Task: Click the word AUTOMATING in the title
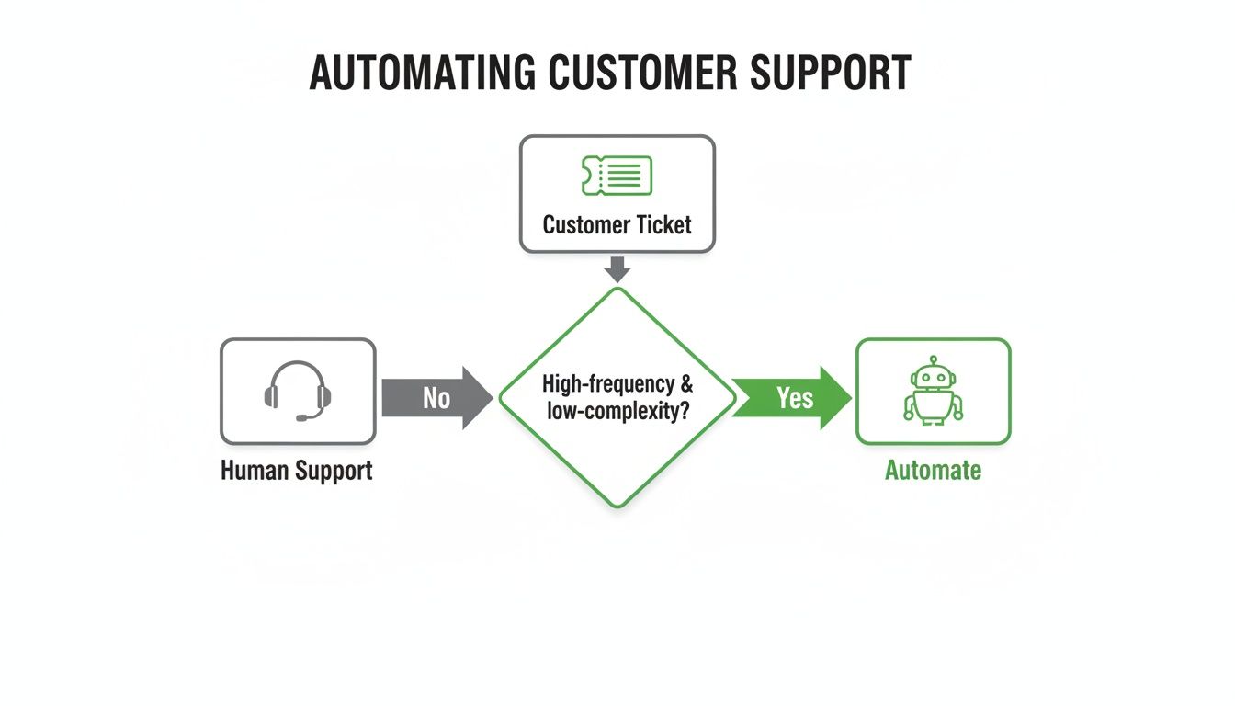423,74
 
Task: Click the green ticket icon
617,176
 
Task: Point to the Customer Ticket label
617,225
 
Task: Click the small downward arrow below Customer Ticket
617,268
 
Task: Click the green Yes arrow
793,398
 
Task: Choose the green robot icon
933,391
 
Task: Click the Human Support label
297,471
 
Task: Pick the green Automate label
933,471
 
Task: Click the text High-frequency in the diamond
602,383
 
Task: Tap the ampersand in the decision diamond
687,383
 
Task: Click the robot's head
933,375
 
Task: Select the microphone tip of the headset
300,418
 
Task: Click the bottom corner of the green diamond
617,505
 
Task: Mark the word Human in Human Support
255,471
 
